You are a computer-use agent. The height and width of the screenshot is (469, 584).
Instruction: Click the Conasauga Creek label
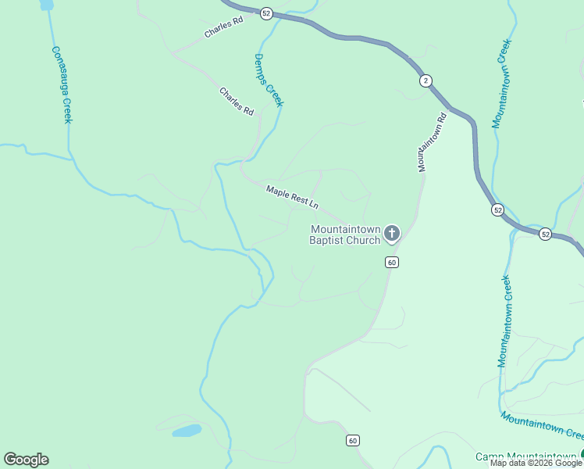point(62,84)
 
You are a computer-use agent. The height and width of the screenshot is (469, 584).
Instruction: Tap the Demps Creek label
point(268,80)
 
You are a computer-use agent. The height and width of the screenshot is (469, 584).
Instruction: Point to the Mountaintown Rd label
point(431,142)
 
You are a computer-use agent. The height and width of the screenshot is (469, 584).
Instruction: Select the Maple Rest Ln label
point(293,196)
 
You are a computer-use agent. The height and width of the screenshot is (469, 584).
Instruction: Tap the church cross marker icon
point(391,232)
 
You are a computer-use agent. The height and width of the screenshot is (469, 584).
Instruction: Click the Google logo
point(26,460)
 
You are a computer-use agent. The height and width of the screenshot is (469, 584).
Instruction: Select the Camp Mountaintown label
point(527,456)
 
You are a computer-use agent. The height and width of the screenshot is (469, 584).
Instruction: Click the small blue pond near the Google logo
point(187,431)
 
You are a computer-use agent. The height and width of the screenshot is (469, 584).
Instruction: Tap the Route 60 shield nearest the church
point(392,262)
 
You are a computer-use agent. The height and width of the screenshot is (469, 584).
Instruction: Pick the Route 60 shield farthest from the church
point(354,441)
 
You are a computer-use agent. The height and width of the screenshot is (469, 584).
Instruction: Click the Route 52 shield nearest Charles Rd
point(266,13)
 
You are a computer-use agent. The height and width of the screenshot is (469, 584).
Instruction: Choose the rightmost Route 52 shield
point(545,234)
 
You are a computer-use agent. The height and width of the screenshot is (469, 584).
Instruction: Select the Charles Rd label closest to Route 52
point(224,28)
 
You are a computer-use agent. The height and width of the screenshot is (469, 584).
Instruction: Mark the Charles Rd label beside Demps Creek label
point(237,102)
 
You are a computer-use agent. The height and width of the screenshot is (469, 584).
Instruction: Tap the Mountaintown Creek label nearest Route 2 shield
point(501,83)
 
